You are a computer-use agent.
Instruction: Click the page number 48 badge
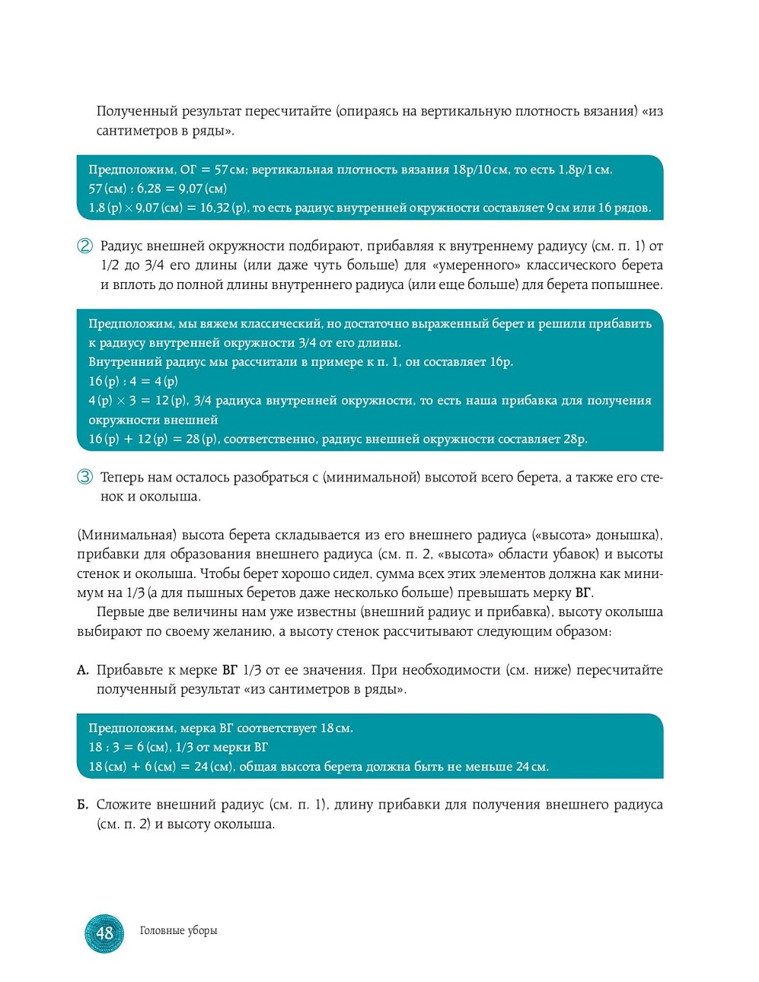(104, 933)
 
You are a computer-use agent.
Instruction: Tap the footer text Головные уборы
(178, 930)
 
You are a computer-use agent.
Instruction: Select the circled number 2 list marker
(85, 246)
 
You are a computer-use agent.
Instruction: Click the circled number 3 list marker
(85, 477)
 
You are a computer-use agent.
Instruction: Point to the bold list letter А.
(82, 670)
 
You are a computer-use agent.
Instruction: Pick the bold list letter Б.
(82, 805)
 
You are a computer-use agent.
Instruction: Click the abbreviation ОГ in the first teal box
(189, 170)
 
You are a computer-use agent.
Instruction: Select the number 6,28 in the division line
(149, 189)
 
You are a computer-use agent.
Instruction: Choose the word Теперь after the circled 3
(122, 478)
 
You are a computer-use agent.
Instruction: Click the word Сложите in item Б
(124, 805)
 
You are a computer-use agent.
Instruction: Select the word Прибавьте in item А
(134, 670)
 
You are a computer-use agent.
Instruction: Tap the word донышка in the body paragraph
(627, 535)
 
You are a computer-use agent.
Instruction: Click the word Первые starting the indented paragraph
(120, 612)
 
